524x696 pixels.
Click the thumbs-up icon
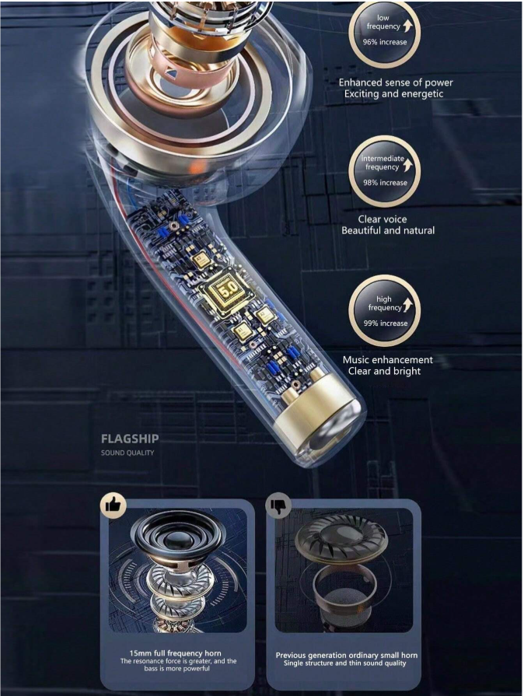point(114,505)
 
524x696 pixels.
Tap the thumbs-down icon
point(278,505)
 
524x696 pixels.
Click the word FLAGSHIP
point(130,439)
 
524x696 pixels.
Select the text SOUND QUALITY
point(128,453)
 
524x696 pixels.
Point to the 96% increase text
point(385,42)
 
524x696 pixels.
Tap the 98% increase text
point(385,183)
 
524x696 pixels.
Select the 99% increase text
point(386,324)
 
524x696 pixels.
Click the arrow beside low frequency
point(407,26)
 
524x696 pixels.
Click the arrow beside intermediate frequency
point(407,166)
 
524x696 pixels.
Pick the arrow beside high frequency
point(407,306)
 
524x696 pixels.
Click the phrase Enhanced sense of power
point(396,82)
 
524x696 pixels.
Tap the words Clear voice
point(383,219)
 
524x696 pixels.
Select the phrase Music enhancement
point(388,359)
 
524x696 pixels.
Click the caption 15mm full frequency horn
point(175,653)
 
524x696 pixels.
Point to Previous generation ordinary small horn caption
point(347,655)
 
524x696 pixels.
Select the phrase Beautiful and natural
point(388,230)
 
